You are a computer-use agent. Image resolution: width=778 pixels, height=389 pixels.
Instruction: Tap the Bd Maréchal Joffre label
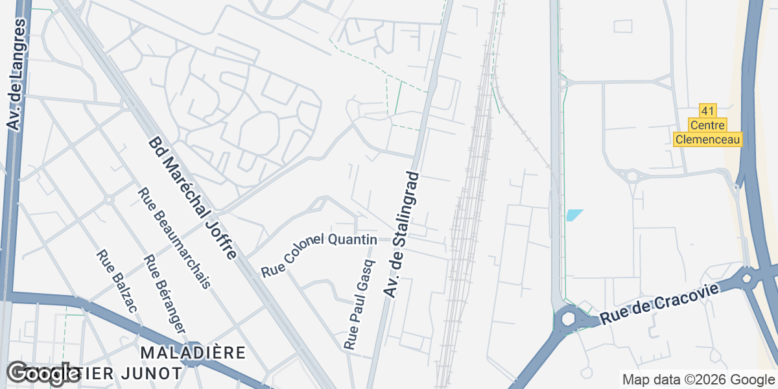click(193, 198)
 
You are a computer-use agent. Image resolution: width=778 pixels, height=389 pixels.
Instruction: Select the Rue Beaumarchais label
click(174, 237)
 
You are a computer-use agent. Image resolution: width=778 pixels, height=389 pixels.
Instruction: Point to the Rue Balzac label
click(116, 281)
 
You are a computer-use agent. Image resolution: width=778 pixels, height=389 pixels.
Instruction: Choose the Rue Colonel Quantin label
click(319, 255)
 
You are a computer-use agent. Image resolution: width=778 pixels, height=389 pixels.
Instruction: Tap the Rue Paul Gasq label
click(360, 305)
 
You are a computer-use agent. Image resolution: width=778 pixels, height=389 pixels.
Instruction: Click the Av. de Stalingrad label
click(403, 234)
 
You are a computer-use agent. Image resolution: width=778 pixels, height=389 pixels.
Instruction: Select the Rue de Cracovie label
click(660, 303)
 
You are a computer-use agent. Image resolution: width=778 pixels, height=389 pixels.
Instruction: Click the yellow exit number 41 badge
click(707, 111)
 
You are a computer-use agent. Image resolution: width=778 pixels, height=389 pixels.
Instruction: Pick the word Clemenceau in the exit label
click(707, 139)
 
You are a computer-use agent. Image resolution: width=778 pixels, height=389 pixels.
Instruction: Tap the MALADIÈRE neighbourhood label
click(193, 353)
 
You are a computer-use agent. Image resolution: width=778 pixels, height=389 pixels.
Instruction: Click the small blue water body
click(574, 215)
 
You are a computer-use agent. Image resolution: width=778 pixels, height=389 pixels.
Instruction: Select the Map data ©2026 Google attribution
click(698, 379)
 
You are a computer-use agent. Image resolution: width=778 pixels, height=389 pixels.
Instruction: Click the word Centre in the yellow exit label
click(707, 125)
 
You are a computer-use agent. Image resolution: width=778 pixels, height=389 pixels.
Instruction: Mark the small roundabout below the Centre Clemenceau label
click(631, 176)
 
